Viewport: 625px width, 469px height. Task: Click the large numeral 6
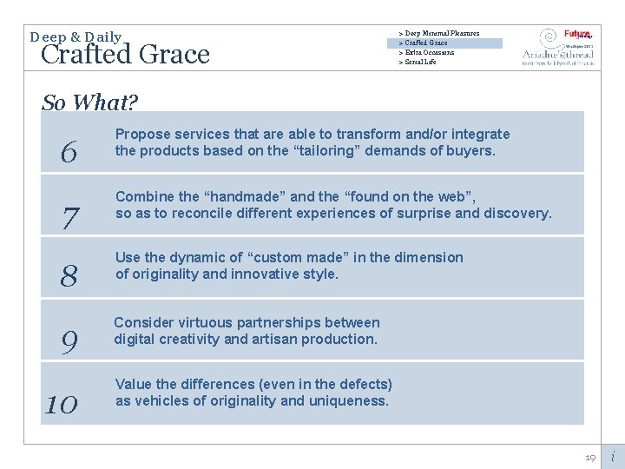69,154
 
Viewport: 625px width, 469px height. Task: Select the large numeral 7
69,219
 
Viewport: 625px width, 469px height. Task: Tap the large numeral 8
69,276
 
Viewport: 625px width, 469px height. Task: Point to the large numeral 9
69,342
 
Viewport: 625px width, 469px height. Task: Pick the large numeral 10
61,404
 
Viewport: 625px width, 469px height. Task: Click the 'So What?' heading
89,102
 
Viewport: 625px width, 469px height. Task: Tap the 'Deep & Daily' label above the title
76,37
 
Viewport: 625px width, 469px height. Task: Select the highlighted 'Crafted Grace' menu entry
424,43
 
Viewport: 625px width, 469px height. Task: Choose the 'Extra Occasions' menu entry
428,52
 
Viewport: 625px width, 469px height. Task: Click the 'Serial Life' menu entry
419,62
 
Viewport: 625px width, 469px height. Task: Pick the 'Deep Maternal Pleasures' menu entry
440,33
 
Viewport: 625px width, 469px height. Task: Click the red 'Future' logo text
576,34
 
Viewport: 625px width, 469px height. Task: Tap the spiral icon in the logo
548,37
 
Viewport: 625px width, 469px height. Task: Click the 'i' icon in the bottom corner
612,456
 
